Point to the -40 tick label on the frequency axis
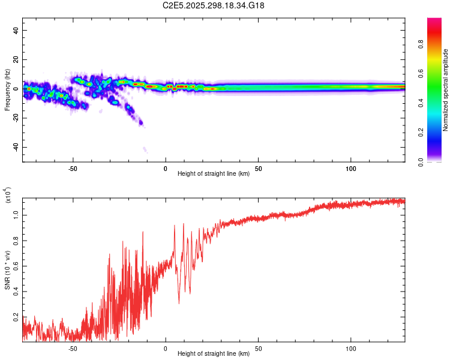(x=16, y=147)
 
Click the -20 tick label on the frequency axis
(x=16, y=118)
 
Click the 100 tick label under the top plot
(x=351, y=168)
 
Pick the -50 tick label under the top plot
(x=73, y=168)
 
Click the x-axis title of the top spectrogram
(x=214, y=174)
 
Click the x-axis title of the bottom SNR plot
(x=214, y=354)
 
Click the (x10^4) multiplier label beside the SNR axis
(x=7, y=196)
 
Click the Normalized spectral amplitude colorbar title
(x=445, y=90)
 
